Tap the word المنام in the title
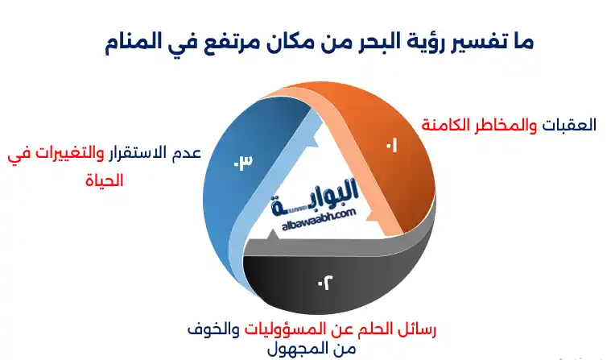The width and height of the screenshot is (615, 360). click(138, 41)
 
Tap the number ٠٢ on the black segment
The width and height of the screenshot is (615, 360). click(323, 283)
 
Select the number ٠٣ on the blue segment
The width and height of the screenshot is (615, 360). click(242, 161)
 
